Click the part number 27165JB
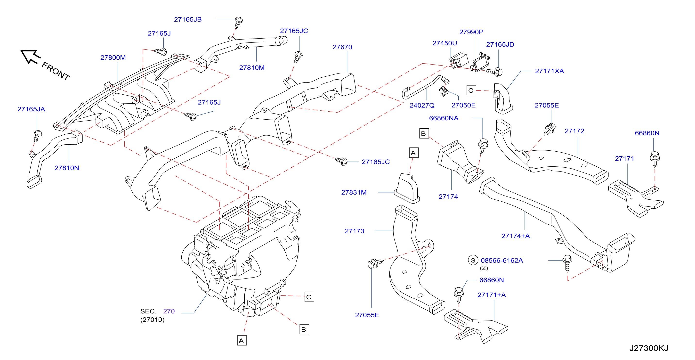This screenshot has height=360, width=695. (188, 19)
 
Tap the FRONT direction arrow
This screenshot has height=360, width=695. (30, 57)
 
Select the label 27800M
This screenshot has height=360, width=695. (113, 57)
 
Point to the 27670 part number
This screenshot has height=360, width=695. (342, 47)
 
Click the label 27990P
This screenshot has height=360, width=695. (471, 32)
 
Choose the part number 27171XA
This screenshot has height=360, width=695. (550, 71)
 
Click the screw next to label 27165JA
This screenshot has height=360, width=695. (38, 135)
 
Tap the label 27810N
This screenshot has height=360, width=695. (67, 168)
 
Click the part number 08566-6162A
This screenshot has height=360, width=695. (502, 261)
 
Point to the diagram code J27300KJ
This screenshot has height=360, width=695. (649, 348)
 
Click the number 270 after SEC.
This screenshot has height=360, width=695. (169, 311)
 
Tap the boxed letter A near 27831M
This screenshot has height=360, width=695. (414, 153)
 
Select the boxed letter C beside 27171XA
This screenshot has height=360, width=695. (471, 90)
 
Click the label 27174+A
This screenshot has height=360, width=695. (516, 236)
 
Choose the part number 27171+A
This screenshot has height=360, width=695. (492, 295)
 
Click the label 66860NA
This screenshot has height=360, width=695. (444, 118)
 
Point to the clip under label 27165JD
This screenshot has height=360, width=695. (494, 72)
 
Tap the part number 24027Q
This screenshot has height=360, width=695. (422, 105)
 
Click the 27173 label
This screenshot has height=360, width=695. (355, 231)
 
